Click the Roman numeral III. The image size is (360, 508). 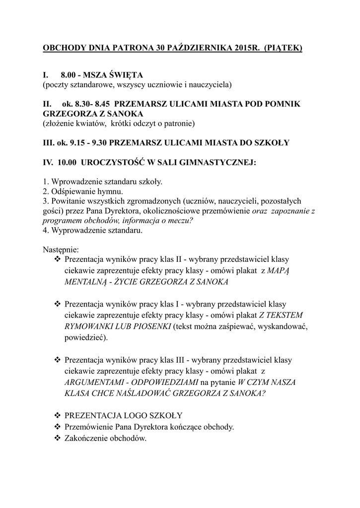[x=49, y=142]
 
